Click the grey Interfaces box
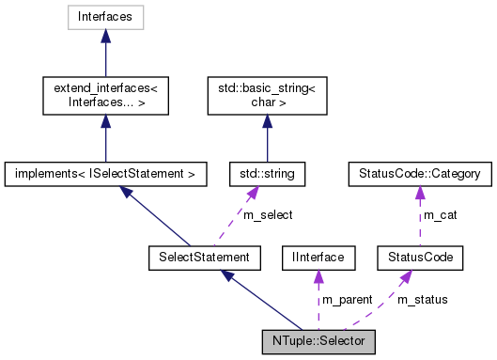(105, 17)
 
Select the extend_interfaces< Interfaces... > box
(105, 93)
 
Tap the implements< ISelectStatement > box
(105, 174)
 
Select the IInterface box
(318, 256)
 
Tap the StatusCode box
(414, 256)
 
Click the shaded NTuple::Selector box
(319, 337)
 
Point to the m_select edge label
(268, 215)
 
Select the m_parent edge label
(348, 299)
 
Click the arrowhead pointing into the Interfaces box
(105, 35)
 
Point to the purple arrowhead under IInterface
(318, 273)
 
